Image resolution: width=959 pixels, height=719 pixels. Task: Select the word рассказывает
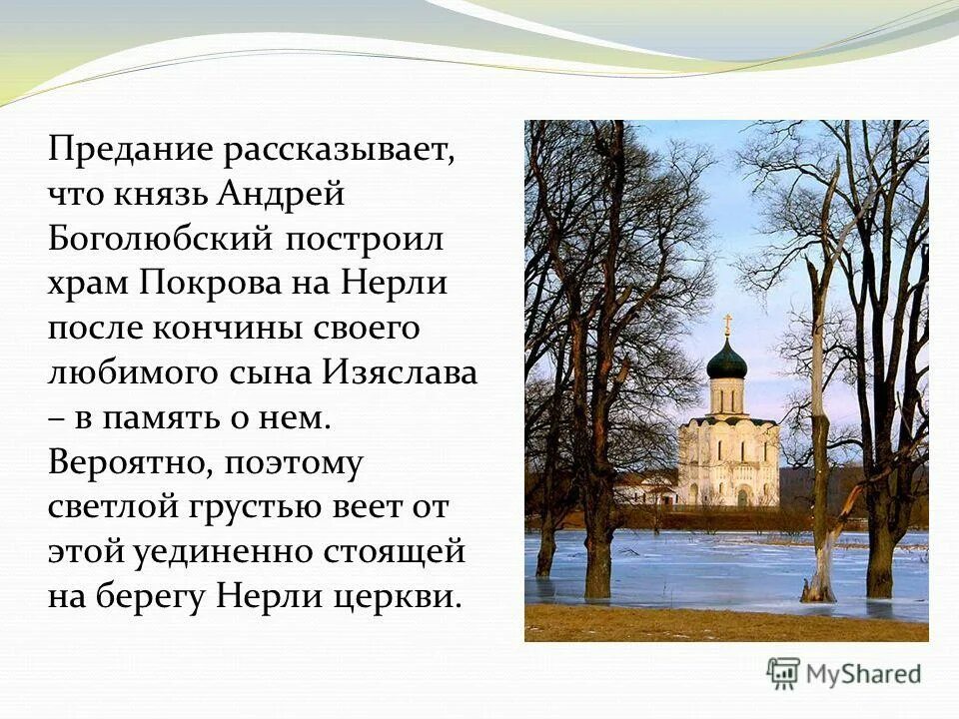(341, 151)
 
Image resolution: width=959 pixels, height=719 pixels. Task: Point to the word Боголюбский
(162, 240)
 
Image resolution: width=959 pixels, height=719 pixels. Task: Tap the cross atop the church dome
(727, 326)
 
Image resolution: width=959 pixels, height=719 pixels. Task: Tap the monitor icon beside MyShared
(783, 673)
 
